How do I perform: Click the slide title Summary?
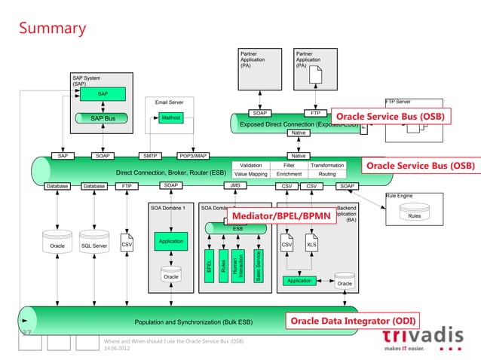(x=52, y=29)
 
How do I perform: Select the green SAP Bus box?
(x=103, y=118)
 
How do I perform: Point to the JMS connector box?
(x=236, y=185)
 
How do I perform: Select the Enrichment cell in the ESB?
(x=289, y=174)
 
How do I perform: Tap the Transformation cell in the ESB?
(x=327, y=165)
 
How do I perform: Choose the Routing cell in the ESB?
(x=327, y=174)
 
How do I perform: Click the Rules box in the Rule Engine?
(x=414, y=215)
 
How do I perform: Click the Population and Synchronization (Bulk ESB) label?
(x=193, y=322)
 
